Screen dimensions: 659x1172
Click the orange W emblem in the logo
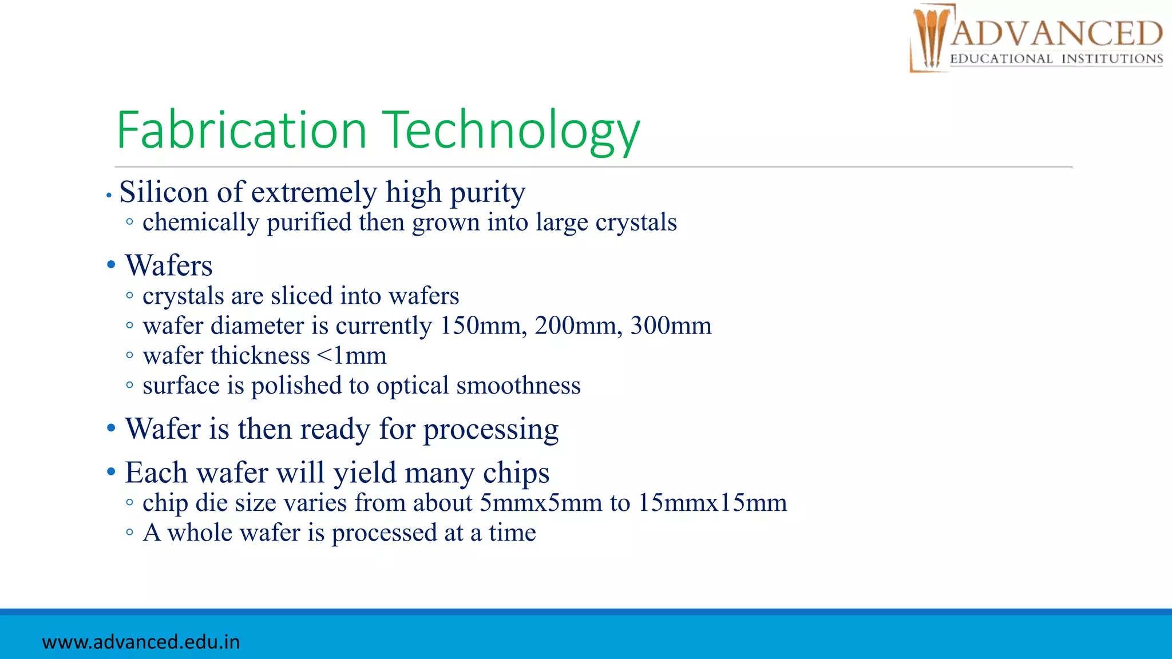[930, 37]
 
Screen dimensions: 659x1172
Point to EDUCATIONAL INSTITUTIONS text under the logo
[1056, 59]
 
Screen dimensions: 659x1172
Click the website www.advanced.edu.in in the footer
[141, 642]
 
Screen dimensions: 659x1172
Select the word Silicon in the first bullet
[164, 192]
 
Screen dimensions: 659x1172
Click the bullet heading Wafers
[169, 266]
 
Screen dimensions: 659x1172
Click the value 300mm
[671, 326]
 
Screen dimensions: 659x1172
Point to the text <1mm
[351, 356]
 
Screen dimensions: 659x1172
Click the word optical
[413, 386]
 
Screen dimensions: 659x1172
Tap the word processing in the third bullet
[490, 430]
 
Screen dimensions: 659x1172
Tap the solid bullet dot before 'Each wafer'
[111, 473]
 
